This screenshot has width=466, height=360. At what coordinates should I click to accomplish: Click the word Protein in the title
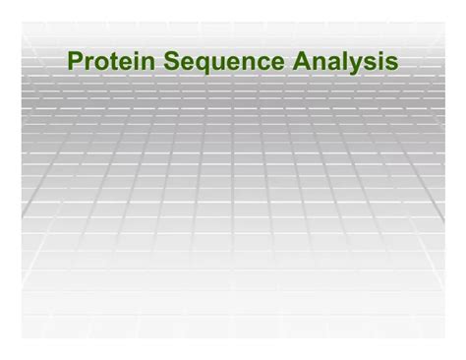point(110,62)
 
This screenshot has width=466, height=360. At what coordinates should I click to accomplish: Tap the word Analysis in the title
point(344,62)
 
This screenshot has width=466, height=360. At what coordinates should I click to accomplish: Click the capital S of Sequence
point(171,62)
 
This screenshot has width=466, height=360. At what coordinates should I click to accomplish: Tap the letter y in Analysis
point(352,66)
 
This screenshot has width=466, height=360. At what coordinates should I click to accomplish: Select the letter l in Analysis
point(341,62)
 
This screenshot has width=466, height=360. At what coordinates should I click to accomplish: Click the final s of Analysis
point(391,64)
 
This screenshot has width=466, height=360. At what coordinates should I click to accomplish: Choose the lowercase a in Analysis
point(329,64)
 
